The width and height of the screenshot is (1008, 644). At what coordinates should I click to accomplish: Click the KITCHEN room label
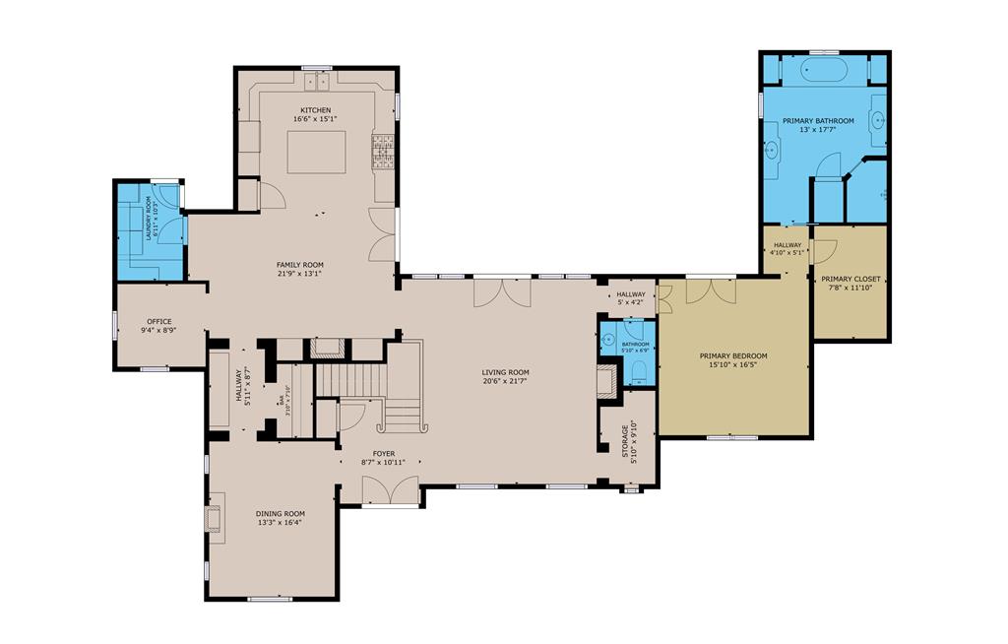click(316, 109)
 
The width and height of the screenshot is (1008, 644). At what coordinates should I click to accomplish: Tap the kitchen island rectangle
click(316, 151)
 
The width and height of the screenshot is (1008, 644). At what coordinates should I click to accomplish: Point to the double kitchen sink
click(317, 76)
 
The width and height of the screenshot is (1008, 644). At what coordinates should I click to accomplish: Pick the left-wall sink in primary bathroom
click(773, 150)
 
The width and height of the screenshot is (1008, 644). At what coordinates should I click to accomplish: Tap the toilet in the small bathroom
click(637, 370)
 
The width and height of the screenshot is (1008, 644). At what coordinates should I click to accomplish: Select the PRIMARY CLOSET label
click(850, 279)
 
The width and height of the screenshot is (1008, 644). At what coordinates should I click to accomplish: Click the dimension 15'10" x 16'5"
click(732, 365)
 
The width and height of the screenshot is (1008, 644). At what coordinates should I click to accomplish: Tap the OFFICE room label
click(159, 321)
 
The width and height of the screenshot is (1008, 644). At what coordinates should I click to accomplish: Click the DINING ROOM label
click(281, 513)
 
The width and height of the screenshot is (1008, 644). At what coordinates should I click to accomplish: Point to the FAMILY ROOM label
click(299, 264)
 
